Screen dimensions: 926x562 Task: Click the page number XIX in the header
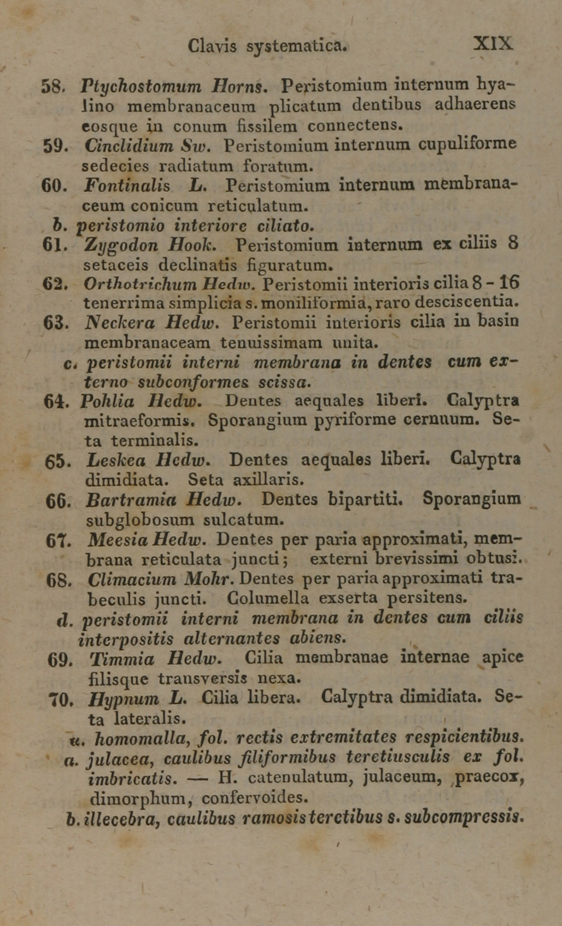tap(493, 43)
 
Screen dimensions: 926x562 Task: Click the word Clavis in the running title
tap(212, 46)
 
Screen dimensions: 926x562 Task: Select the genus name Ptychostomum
tap(141, 86)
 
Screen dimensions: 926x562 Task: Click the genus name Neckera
tap(114, 323)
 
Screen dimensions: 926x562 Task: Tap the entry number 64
tap(55, 401)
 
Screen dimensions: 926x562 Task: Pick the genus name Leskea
tap(115, 460)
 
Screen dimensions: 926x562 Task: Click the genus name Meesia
tap(118, 540)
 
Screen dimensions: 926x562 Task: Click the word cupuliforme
tap(467, 144)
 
